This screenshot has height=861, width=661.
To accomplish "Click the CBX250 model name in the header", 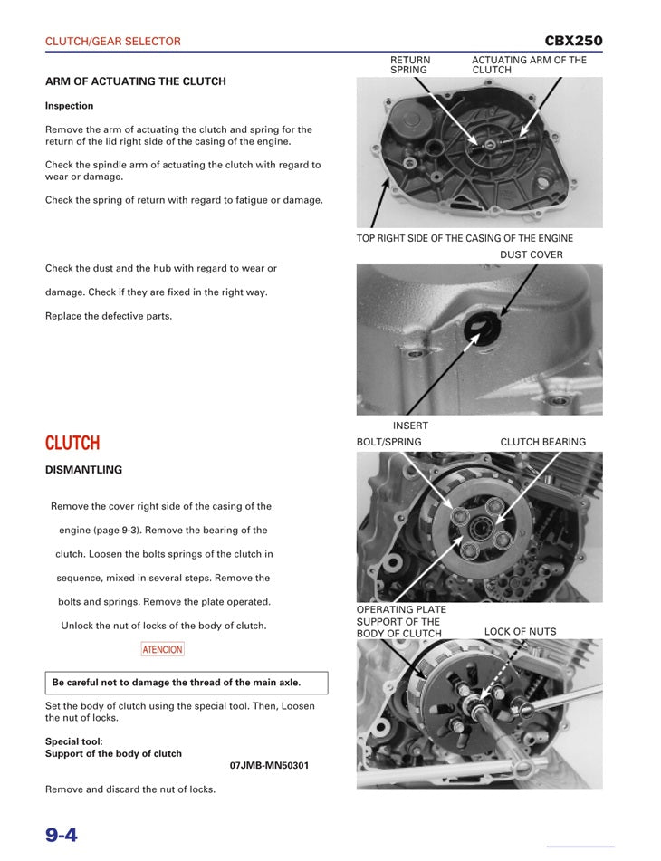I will pos(573,41).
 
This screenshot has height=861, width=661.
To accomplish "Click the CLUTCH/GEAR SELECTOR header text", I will pos(113,42).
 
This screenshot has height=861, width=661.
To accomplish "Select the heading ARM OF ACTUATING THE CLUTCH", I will pos(136,81).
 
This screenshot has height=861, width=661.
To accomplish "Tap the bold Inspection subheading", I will pos(70,106).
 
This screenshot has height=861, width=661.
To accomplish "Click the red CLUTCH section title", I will pos(72,443).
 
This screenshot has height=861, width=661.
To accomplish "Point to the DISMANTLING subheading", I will pos(83,470).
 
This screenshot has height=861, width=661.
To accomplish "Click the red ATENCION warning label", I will pos(163,649).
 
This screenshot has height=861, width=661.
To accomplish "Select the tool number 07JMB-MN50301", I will pos(269,765).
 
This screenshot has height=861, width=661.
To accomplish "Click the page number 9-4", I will pos(62,834).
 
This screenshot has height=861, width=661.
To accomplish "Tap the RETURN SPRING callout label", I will pos(410,65).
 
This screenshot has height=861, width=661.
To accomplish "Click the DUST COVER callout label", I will pos(532,254).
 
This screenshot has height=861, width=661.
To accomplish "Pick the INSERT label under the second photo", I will pos(410,426).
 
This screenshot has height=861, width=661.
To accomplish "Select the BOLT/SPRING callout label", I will pos(389,442).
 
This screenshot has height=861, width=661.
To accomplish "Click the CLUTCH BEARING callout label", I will pos(543,442).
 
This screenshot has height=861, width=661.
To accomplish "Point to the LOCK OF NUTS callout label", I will pos(521,632).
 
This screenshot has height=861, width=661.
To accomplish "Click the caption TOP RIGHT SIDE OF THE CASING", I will pos(465,238).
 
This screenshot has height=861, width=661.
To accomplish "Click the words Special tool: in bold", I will pos(74,741).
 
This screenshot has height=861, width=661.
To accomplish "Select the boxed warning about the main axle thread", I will pos(187,683).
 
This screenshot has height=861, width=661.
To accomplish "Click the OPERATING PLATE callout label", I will pos(401,610).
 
